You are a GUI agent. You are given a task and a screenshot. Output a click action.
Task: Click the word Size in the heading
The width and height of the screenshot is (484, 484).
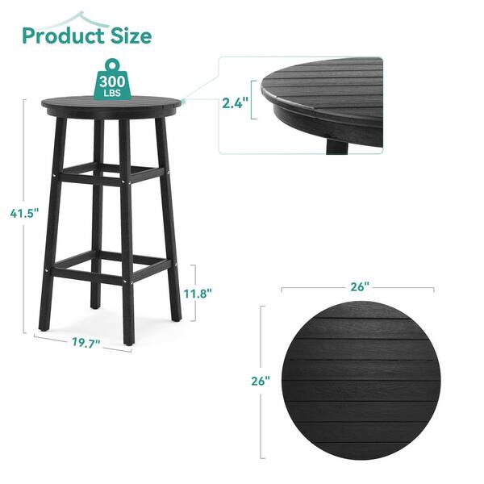point(131,35)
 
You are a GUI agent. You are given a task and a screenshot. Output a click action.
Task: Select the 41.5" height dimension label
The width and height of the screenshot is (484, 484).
point(24,213)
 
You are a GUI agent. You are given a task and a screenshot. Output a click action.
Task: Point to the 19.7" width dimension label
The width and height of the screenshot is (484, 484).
point(86,343)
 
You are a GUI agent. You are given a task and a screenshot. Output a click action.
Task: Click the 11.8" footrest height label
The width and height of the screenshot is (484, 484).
point(198,294)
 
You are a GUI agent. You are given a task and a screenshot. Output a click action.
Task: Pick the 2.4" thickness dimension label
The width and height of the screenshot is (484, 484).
point(236,103)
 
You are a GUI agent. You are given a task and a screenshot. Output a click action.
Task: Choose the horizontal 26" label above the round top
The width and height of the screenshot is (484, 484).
point(360,287)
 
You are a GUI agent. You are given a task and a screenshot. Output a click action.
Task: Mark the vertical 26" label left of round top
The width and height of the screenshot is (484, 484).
point(261,381)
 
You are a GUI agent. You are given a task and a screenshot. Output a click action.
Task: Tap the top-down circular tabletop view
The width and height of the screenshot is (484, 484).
point(361,380)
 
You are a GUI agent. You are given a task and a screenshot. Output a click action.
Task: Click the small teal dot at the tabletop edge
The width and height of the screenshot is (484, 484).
point(183,101)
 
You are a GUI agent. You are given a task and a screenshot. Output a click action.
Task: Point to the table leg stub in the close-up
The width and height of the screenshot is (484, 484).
point(337,147)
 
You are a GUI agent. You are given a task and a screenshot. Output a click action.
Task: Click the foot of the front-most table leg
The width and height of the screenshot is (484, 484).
point(129,340)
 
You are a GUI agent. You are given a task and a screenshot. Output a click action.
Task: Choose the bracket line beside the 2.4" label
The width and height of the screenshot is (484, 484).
point(252,100)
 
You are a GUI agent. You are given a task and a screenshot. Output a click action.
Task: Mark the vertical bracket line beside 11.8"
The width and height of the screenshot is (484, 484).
point(194,293)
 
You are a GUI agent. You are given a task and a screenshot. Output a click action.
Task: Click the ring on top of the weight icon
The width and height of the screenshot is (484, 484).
point(112,65)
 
